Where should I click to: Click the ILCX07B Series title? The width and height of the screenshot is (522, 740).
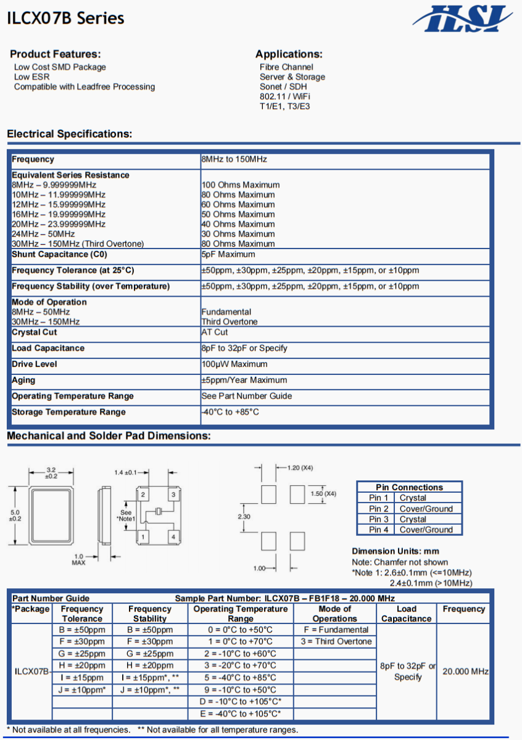[65, 18]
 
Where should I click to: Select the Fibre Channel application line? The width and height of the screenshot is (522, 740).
[286, 67]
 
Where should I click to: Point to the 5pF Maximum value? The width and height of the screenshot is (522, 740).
[228, 254]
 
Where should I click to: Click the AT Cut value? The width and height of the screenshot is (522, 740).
[215, 332]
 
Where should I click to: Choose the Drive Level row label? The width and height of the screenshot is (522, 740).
[35, 364]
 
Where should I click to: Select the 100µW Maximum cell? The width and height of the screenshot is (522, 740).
[234, 364]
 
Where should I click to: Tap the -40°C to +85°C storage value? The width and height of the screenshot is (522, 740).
[230, 412]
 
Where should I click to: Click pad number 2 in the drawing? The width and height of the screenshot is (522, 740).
[143, 495]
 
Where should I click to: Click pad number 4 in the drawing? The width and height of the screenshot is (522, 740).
[173, 537]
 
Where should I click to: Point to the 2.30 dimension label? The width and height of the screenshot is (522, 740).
[244, 516]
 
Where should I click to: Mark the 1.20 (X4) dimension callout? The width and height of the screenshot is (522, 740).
[300, 467]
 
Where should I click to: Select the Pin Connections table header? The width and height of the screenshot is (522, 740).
[409, 487]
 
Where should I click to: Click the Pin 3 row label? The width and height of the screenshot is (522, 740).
[379, 519]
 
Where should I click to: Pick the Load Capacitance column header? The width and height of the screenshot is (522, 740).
[406, 614]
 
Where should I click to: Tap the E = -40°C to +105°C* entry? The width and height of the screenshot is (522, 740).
[240, 713]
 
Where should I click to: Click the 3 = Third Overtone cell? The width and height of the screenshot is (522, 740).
[336, 641]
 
